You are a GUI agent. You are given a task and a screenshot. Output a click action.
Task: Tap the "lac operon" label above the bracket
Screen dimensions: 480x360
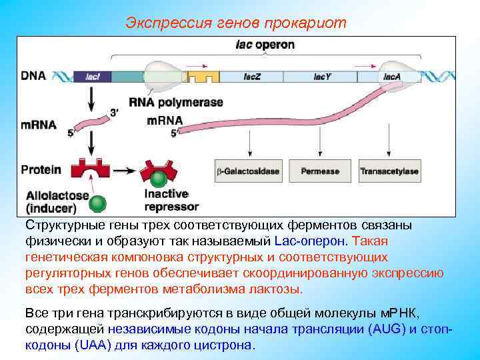click(x=265, y=45)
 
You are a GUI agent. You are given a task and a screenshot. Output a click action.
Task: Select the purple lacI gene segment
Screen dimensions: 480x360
click(x=93, y=77)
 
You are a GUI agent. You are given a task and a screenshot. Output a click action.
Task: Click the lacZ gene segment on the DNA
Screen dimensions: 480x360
click(x=255, y=77)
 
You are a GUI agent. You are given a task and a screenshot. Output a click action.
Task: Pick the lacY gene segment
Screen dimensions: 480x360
click(x=322, y=77)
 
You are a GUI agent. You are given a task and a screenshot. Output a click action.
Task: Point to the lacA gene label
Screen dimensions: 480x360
click(x=391, y=77)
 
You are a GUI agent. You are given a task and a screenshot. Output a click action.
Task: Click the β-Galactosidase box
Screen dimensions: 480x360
click(x=247, y=171)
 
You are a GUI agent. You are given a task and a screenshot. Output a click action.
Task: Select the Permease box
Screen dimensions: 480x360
click(x=320, y=171)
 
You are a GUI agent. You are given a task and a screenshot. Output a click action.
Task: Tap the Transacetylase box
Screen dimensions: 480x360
click(x=389, y=171)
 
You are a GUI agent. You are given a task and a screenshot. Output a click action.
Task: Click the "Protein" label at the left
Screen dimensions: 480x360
click(x=41, y=169)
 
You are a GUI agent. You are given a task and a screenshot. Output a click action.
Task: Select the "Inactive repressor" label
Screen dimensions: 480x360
click(x=171, y=200)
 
